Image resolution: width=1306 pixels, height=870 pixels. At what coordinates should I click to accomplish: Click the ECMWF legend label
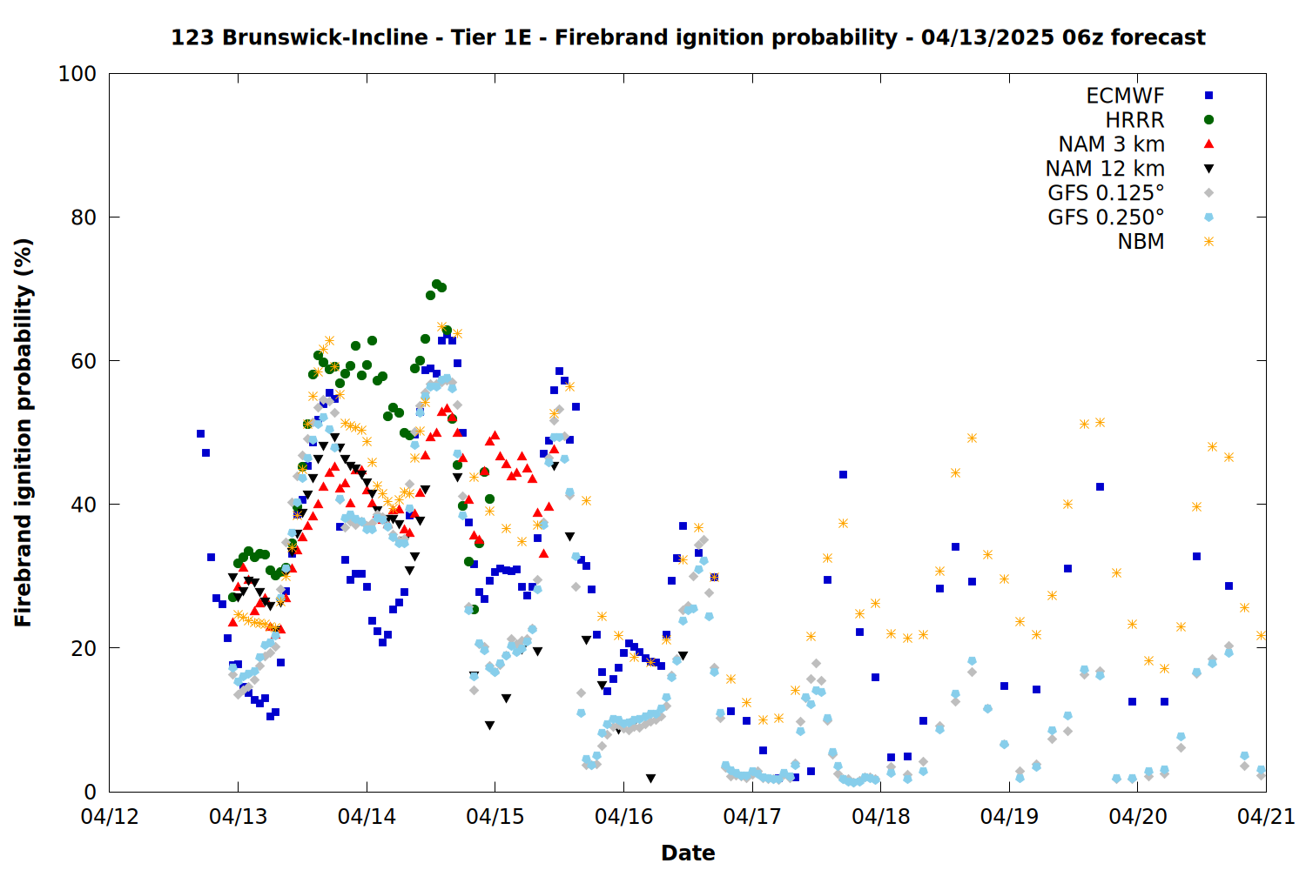coord(1125,96)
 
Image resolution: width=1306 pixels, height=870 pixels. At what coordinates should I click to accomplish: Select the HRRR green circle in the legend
coord(1208,120)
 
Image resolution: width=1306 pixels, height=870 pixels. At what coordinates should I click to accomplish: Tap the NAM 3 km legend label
coord(1111,144)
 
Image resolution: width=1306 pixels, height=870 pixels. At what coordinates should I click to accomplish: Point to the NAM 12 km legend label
coord(1105,169)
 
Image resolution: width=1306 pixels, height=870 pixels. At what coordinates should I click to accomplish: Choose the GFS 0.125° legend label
coord(1106,193)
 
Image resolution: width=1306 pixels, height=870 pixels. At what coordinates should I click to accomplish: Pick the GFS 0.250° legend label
coord(1106,217)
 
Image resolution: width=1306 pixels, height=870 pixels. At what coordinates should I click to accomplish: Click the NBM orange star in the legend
coord(1208,242)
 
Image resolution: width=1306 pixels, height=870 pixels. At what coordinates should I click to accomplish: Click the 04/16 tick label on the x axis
coord(624,816)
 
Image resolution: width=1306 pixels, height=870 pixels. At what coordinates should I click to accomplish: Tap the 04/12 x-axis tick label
coord(110,816)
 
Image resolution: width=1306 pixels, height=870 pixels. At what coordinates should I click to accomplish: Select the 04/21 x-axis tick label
coord(1266,816)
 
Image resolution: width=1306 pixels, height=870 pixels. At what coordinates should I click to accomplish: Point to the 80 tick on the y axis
coord(84,217)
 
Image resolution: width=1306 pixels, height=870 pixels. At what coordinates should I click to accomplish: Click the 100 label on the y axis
coord(77,74)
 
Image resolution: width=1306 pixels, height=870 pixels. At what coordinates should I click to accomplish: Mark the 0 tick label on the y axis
coord(90,792)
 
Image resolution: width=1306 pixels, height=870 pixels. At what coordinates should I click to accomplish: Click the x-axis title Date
coord(688,853)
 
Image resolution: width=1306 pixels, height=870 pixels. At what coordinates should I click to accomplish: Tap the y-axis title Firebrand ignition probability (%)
coord(23,432)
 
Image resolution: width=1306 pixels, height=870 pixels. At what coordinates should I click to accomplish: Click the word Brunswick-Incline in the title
coord(325,38)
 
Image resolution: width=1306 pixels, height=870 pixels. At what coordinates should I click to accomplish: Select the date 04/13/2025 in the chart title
coord(987,38)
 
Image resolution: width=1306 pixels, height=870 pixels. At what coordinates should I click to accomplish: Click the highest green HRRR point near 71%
coord(436,284)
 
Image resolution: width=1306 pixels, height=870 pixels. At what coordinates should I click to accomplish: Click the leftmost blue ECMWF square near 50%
coord(200,433)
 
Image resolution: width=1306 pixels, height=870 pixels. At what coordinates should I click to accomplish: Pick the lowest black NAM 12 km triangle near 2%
coord(650,779)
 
